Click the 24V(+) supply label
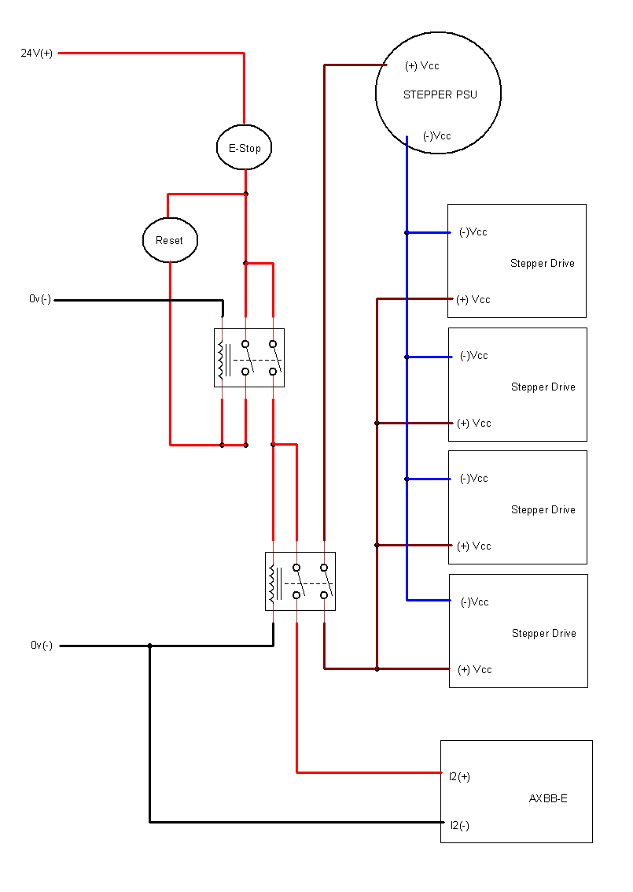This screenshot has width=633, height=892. tap(37, 54)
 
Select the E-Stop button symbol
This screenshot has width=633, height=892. tap(245, 148)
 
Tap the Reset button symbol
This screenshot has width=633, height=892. tap(169, 240)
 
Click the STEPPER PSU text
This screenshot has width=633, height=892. tap(440, 94)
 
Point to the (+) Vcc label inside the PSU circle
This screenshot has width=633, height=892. tap(422, 65)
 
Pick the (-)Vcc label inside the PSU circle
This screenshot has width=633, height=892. tap(436, 135)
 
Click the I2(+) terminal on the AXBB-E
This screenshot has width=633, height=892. tap(459, 777)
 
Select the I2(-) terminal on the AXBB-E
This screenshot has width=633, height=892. tap(459, 825)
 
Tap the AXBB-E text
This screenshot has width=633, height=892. tap(548, 798)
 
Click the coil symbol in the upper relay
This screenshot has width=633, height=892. tap(223, 358)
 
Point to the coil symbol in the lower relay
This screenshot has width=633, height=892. tap(274, 582)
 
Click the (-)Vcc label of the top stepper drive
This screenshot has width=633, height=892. tap(473, 232)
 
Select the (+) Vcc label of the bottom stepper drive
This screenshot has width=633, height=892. tap(474, 669)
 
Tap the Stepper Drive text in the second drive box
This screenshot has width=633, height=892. tap(543, 387)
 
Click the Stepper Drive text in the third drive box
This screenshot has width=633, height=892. tap(543, 509)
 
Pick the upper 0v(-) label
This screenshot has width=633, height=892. tap(41, 299)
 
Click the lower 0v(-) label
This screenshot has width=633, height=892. tap(42, 646)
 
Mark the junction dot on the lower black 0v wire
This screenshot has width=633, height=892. tap(149, 646)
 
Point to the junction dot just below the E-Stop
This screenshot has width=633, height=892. tap(245, 194)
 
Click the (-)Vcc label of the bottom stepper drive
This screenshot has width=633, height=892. tap(475, 601)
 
